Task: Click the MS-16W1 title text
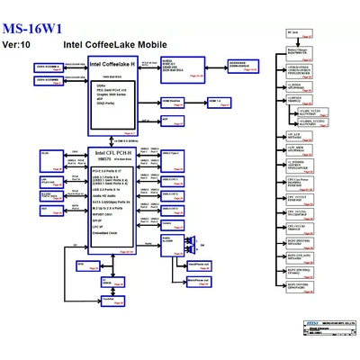pos(34,26)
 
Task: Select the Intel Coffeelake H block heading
pos(112,64)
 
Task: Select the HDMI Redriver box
pos(175,102)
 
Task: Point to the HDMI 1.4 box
pos(214,102)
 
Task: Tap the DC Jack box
pos(292,33)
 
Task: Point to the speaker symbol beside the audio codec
pos(192,240)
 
